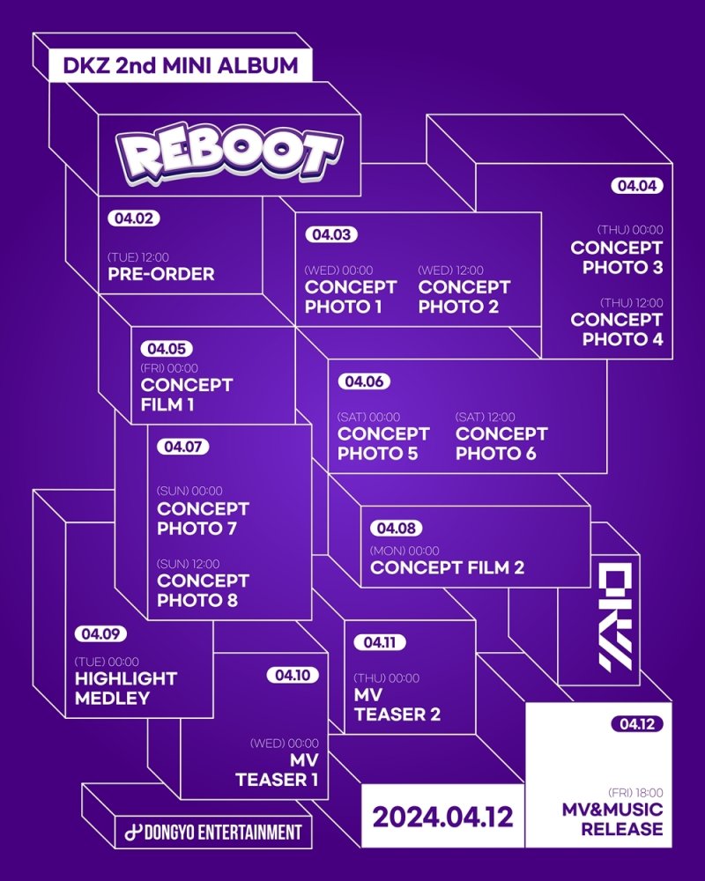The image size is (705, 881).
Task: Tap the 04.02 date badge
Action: [x=133, y=218]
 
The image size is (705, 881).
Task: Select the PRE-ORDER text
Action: [x=161, y=274]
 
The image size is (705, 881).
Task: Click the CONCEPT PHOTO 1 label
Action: [x=350, y=297]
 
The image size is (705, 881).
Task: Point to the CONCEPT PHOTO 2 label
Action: [x=464, y=297]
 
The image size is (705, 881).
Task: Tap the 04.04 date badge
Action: [x=636, y=186]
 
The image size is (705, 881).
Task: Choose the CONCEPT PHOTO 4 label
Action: [x=616, y=329]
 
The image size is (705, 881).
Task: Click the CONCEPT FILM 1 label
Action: [x=186, y=395]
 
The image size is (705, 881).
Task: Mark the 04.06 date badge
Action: [x=363, y=381]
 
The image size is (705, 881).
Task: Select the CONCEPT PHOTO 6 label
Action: [x=501, y=444]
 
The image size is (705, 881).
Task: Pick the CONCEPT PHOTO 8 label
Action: [x=203, y=591]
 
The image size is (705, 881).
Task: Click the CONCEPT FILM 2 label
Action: [x=447, y=568]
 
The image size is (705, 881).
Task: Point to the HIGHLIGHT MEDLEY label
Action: [x=125, y=688]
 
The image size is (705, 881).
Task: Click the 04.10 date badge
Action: [x=292, y=676]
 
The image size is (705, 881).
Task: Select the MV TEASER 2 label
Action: [x=397, y=705]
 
